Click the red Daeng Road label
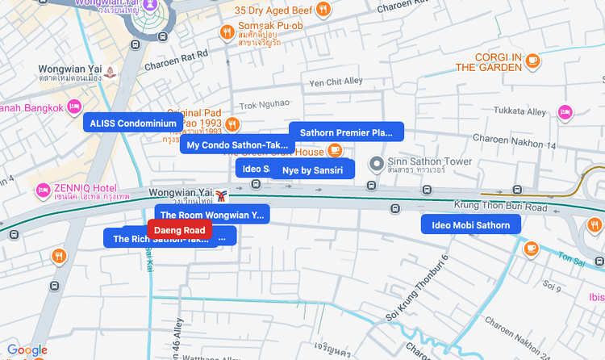[x=180, y=230]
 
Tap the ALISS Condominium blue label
[x=133, y=123]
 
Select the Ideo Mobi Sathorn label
[x=470, y=225]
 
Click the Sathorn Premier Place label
[x=346, y=132]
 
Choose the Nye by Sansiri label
[x=312, y=170]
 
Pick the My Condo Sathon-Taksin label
[x=237, y=145]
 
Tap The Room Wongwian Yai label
[x=212, y=215]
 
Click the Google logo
[x=27, y=350]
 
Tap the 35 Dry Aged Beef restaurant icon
[x=323, y=10]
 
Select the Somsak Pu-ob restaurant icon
[x=227, y=32]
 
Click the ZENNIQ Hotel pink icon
[x=44, y=191]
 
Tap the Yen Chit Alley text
[x=336, y=82]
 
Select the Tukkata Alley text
[x=519, y=111]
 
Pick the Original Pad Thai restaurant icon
[x=232, y=124]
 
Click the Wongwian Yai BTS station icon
[x=221, y=195]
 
